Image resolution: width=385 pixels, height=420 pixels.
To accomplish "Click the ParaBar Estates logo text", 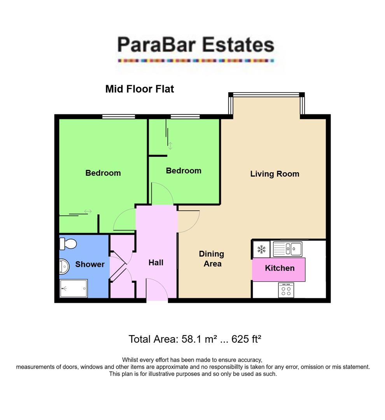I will click(x=196, y=45).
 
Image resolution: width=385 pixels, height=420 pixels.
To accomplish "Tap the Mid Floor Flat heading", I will click(x=140, y=89).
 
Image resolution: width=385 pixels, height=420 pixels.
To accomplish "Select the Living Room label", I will click(x=275, y=174).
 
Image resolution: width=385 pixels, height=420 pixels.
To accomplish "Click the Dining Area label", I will click(x=212, y=259).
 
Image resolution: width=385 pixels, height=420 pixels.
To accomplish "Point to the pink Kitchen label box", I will click(x=279, y=269).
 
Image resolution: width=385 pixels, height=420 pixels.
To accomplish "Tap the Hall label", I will click(x=156, y=263).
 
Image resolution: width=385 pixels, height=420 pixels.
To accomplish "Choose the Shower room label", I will click(x=90, y=264).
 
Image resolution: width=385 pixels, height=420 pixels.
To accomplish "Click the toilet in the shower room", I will click(x=68, y=244).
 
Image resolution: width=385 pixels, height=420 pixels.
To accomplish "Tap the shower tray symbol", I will click(x=73, y=288).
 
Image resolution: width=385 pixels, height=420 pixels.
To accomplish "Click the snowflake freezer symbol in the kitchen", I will click(x=261, y=249).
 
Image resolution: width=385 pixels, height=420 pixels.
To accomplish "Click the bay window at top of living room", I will click(x=266, y=94).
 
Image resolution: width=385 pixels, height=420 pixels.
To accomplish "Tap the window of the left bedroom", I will click(x=119, y=116).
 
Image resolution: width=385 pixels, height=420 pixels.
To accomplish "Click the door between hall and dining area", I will click(x=188, y=221).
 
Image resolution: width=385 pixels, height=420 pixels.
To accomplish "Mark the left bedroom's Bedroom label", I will click(x=103, y=173).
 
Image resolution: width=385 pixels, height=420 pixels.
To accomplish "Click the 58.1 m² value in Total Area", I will click(x=199, y=339).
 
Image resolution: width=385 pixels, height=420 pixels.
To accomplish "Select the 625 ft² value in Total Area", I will click(x=246, y=339).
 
